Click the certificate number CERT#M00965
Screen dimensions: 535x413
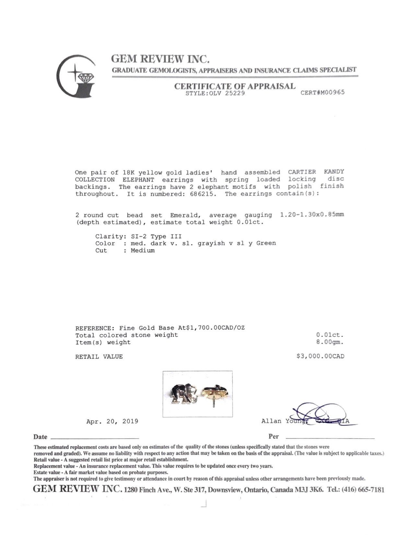(323, 92)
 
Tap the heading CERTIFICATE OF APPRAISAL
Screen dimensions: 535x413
(235, 86)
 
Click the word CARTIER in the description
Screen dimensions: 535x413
(302, 172)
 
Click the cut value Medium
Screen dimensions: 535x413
(143, 250)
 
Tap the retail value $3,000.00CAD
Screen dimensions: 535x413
(320, 356)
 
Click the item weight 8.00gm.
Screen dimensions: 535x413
(330, 342)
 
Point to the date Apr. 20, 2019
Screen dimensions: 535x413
(112, 422)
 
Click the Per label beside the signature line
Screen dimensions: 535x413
(273, 436)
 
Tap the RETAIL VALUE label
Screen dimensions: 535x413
(99, 357)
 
